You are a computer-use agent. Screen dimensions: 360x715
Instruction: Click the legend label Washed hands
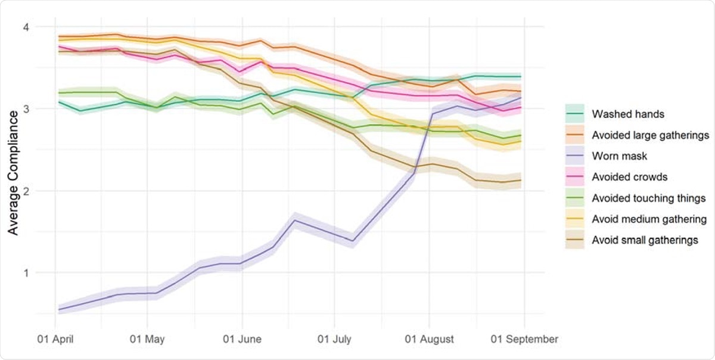(623, 114)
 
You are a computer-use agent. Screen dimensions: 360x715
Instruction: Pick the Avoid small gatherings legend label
(645, 240)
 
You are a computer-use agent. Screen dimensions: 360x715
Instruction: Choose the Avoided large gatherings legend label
(650, 135)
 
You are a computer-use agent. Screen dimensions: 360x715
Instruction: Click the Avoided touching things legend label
(649, 198)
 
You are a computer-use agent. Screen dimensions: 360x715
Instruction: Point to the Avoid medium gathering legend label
(649, 219)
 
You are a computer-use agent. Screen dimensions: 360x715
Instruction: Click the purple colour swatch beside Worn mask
(576, 156)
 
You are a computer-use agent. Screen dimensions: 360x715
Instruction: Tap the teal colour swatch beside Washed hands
(576, 114)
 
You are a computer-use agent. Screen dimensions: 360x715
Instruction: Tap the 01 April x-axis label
(55, 339)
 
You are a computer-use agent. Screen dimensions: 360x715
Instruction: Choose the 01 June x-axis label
(242, 339)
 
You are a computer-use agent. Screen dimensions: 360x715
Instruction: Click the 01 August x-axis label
(428, 339)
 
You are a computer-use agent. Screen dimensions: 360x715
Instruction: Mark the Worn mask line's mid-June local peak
(293, 220)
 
